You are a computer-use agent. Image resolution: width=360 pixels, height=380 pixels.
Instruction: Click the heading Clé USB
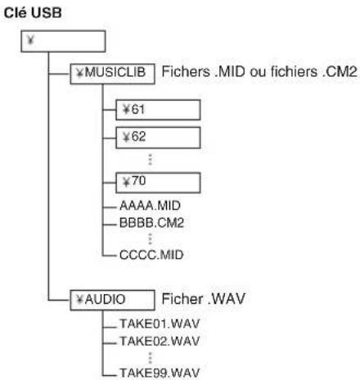coord(33,13)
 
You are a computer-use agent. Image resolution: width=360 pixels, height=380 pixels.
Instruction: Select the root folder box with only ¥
coord(63,41)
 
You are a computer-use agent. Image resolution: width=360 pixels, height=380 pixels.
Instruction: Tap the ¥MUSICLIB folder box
coord(112,74)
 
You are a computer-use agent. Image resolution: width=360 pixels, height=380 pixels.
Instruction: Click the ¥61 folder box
coord(158,110)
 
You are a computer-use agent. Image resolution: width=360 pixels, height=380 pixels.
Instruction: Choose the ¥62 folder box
coord(158,138)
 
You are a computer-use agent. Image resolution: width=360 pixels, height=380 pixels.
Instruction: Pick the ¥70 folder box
coord(158,183)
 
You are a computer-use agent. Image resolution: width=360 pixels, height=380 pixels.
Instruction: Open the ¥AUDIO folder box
coord(112,300)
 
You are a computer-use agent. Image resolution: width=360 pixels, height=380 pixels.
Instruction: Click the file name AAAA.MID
coord(150,206)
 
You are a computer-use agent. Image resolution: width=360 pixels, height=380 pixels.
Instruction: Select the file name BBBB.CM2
coord(151,223)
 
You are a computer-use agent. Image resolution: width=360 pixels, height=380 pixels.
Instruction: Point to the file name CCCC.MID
coord(151,255)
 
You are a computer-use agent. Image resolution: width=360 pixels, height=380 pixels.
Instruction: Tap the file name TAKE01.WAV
coord(160,323)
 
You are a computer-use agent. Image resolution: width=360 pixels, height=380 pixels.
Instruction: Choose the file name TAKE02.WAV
coord(160,342)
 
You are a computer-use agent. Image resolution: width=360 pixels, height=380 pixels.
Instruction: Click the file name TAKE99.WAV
coord(160,373)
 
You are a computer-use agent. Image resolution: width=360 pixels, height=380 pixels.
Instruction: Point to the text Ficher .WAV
coord(204,299)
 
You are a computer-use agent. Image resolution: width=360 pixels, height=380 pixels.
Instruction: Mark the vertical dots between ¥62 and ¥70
coord(150,160)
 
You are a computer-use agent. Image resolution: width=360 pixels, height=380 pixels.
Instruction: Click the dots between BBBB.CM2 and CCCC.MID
coord(150,239)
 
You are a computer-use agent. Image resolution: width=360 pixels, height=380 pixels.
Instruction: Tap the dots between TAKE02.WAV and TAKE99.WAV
coord(150,357)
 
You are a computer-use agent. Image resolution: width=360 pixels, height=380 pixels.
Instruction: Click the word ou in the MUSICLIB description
coord(258,73)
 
